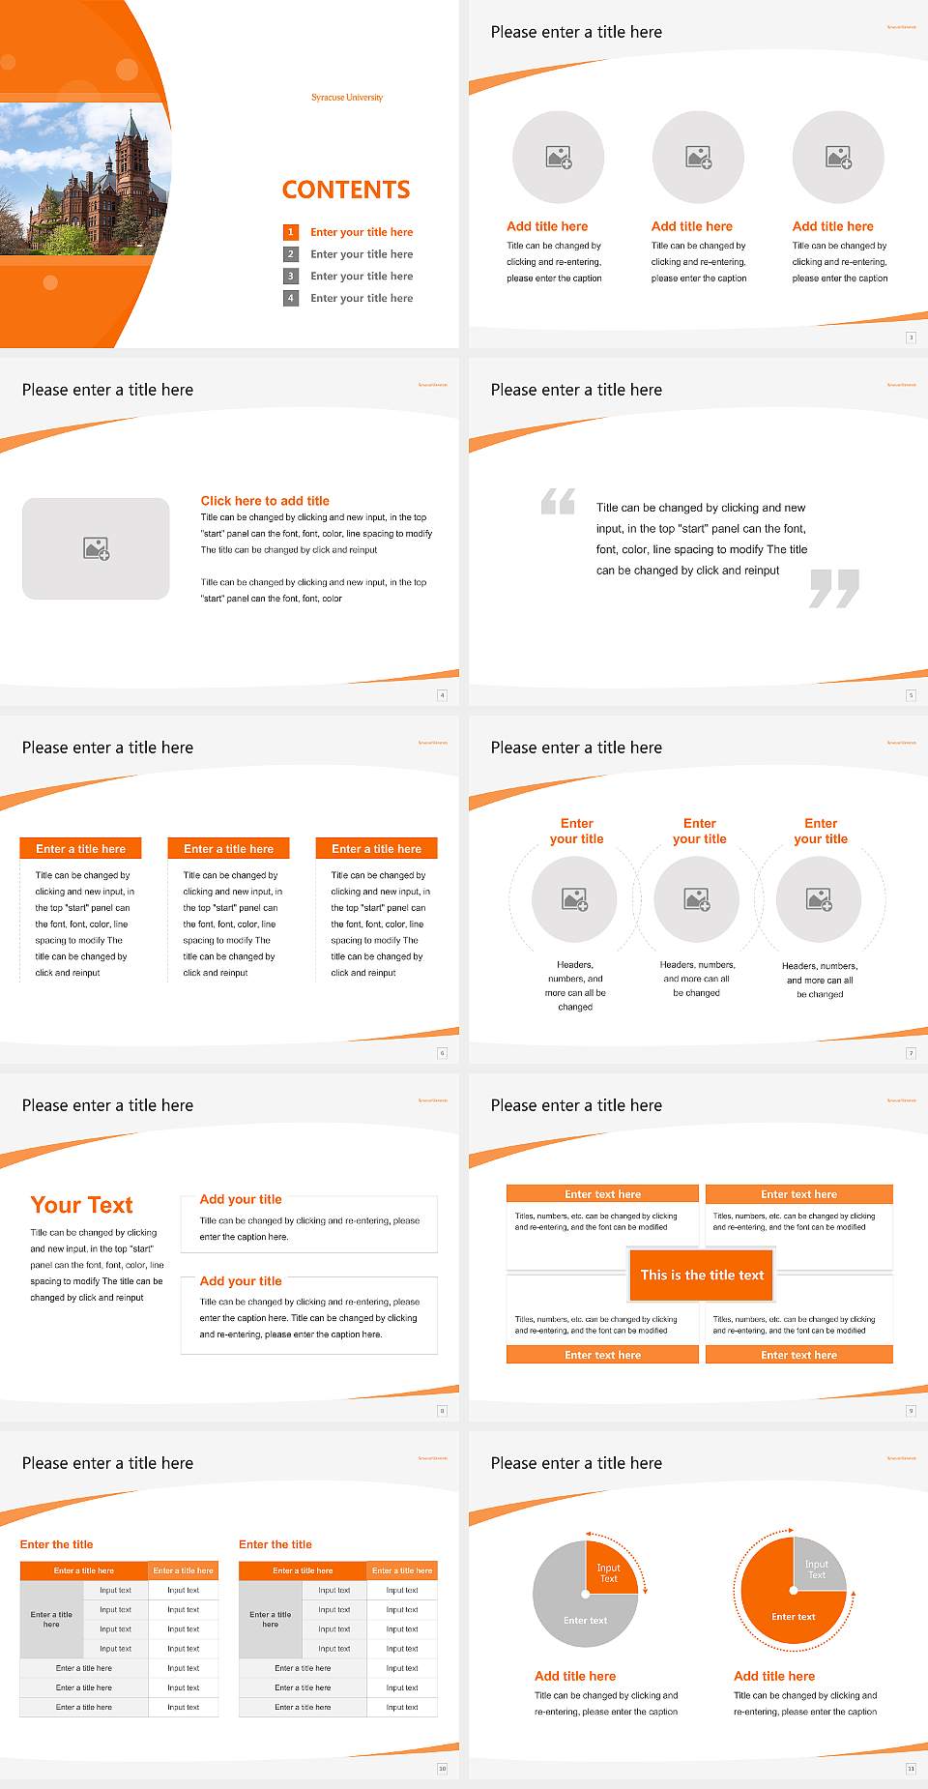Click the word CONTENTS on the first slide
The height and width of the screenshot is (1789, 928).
coord(346,190)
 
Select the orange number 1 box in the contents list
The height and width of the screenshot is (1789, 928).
coord(290,232)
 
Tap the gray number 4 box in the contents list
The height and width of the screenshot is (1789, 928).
coord(290,298)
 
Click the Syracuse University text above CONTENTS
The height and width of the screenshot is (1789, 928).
coord(347,98)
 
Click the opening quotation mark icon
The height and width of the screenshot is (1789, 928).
coord(558,501)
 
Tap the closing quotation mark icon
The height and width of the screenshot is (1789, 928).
coord(834,588)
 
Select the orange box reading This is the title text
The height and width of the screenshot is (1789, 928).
coord(702,1275)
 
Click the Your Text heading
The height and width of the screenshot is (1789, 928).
coord(82,1205)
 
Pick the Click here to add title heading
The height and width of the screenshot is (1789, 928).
coord(265,501)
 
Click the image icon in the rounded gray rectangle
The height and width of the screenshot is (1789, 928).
coord(97,549)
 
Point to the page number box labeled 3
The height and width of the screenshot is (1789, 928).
coord(911,337)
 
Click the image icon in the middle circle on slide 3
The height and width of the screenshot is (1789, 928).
coord(699,157)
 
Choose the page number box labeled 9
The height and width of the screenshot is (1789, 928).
coord(911,1411)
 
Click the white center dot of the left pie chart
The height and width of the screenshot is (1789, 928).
coord(586,1594)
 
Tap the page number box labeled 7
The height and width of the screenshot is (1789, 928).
coord(911,1053)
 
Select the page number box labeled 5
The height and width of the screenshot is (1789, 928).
coord(911,695)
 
